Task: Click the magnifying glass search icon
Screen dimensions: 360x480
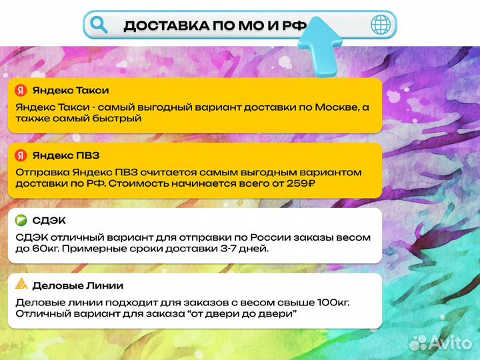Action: click(99, 25)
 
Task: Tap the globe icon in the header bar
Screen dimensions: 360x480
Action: click(381, 25)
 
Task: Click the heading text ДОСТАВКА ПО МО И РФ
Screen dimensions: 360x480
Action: click(215, 26)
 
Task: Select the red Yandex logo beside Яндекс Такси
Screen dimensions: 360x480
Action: click(21, 91)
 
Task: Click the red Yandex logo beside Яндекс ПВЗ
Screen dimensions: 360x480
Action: click(21, 155)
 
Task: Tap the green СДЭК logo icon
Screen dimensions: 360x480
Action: click(21, 221)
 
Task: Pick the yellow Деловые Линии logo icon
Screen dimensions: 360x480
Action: click(21, 285)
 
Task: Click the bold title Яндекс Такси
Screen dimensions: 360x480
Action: click(71, 91)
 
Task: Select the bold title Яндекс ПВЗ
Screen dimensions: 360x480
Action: click(66, 155)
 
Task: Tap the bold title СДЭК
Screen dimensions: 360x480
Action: click(49, 221)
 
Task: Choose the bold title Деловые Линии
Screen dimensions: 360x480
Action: click(78, 285)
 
